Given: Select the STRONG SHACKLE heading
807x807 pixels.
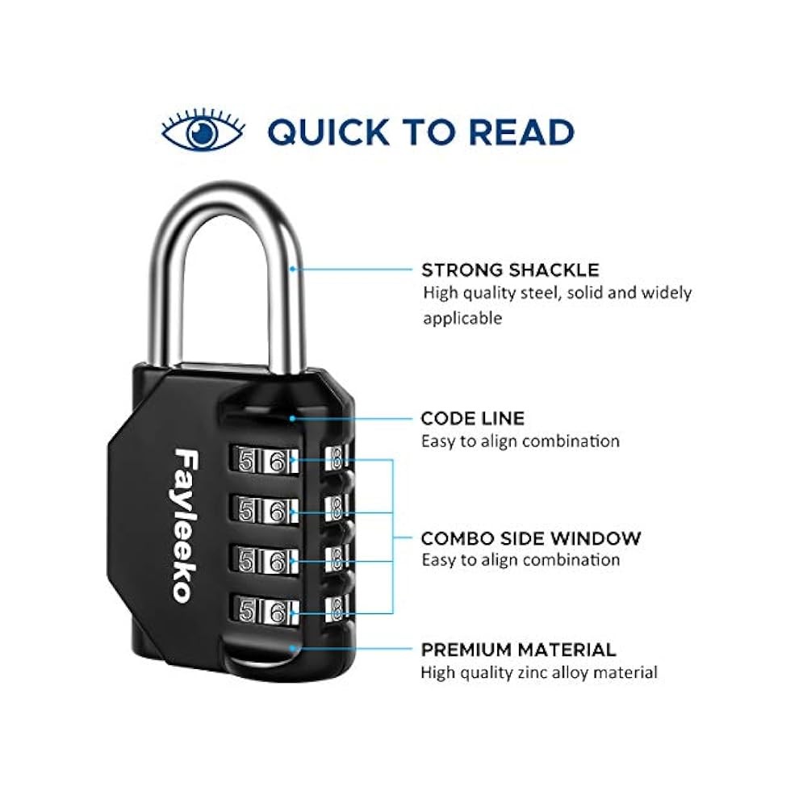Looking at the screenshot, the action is click(x=510, y=270).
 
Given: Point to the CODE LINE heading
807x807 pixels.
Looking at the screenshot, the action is click(x=472, y=418).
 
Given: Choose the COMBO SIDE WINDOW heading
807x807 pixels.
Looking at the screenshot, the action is click(x=531, y=537).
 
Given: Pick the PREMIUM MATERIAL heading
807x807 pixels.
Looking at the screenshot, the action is click(x=518, y=650).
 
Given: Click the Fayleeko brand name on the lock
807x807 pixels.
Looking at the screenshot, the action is click(x=186, y=525).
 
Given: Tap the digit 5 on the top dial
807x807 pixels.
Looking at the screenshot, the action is click(x=246, y=460).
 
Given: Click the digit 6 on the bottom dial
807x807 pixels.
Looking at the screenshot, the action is click(x=278, y=611).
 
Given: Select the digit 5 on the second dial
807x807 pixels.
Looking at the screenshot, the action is click(x=246, y=511).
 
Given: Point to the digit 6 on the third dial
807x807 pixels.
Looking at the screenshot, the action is click(x=278, y=561).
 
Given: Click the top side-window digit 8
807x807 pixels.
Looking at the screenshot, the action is click(x=337, y=458).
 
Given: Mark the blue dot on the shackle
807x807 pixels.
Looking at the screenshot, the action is click(x=292, y=269).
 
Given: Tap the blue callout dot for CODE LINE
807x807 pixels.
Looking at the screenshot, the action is click(x=292, y=418).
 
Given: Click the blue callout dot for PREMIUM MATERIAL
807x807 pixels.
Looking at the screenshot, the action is click(x=292, y=649).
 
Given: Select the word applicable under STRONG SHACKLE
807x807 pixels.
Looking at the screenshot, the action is click(x=462, y=318).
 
